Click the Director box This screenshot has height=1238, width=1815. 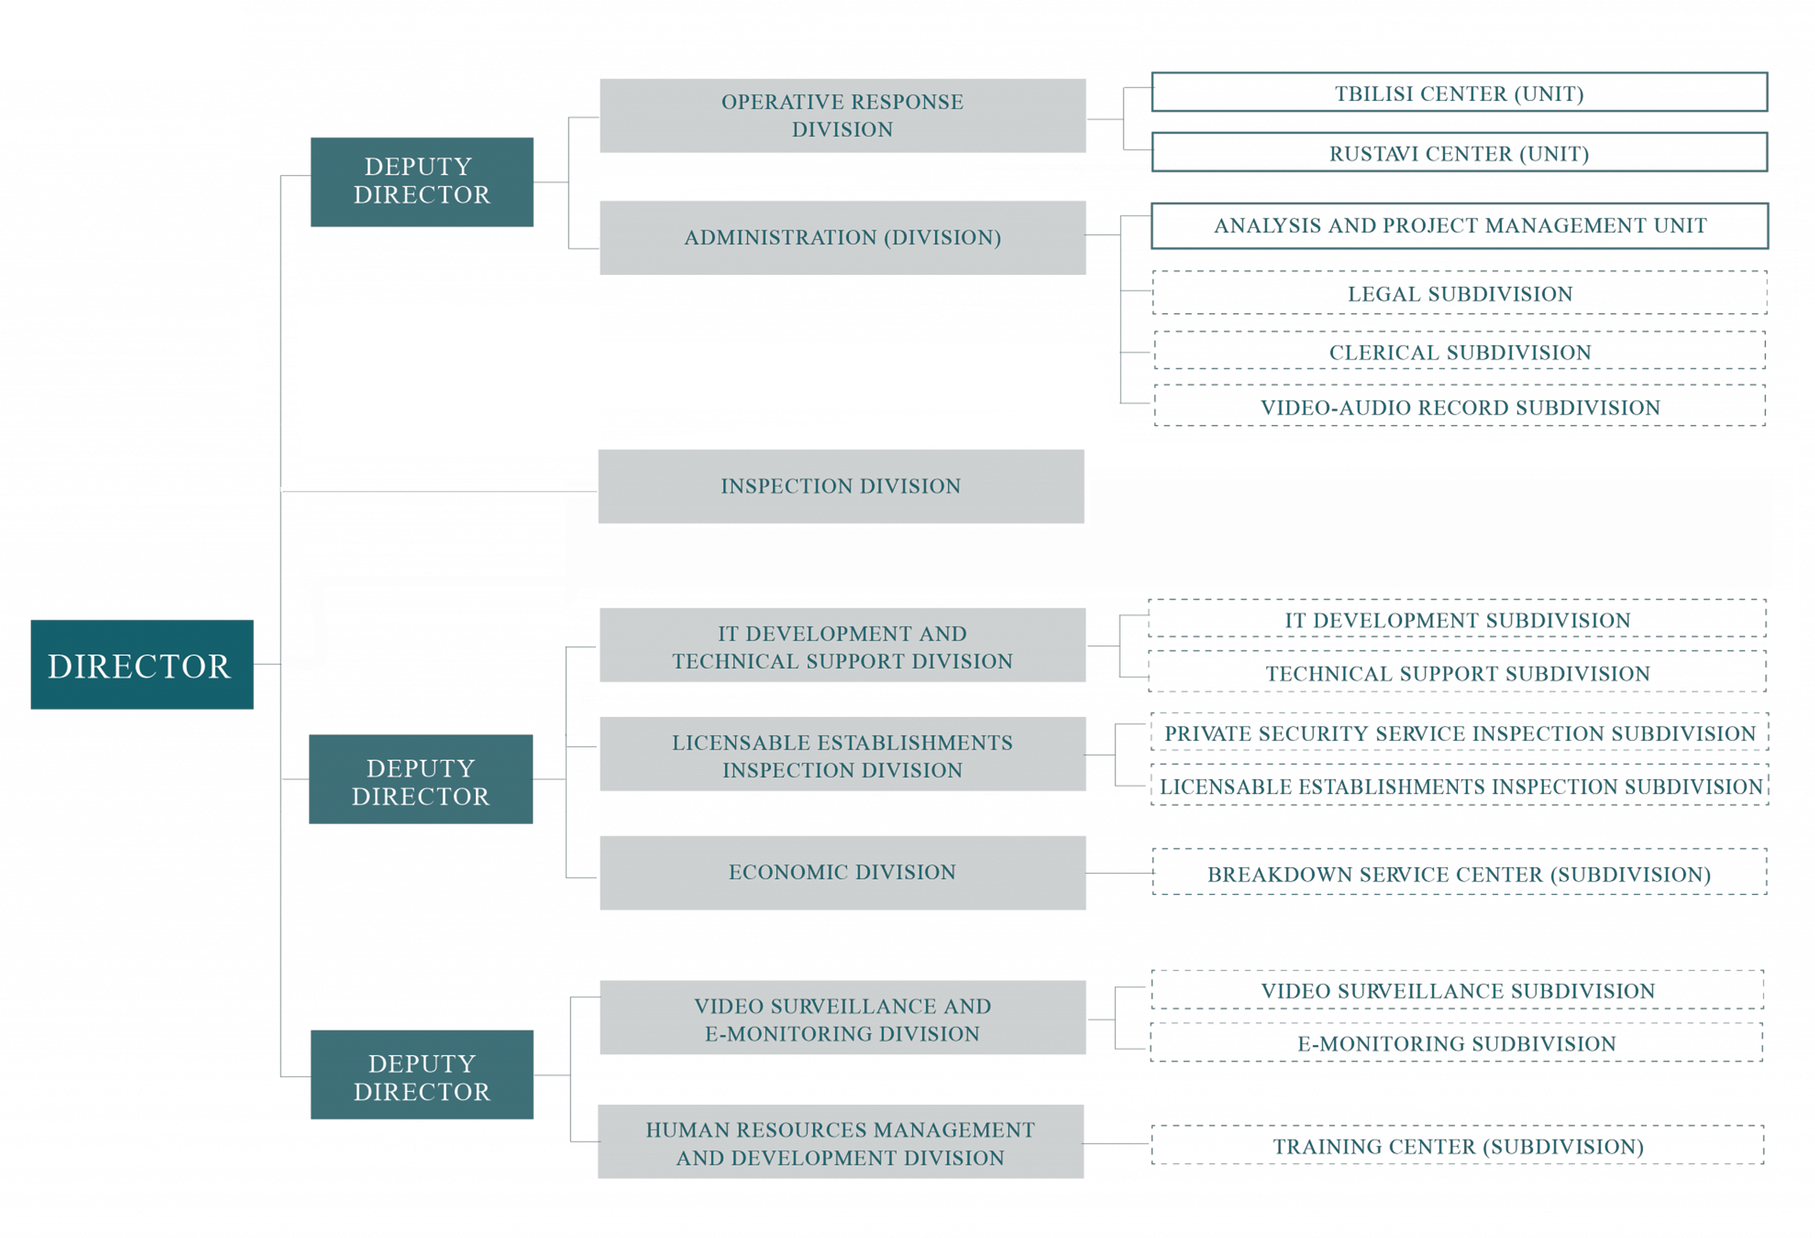142,664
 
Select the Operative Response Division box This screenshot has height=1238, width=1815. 843,115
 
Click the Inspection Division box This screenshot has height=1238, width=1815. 841,486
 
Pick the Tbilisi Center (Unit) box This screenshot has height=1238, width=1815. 1460,92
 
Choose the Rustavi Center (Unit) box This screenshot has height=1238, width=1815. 1460,152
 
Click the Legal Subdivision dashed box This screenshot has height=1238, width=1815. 1460,293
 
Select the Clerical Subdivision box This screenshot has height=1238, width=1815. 1460,351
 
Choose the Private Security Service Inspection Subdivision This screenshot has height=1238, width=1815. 1460,732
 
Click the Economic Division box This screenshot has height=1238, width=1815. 843,873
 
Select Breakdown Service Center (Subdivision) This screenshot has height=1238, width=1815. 1460,872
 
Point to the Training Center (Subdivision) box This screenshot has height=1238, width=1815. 1457,1145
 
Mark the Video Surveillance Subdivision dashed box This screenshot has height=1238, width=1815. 1457,990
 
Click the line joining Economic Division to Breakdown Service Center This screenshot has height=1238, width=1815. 1119,873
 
